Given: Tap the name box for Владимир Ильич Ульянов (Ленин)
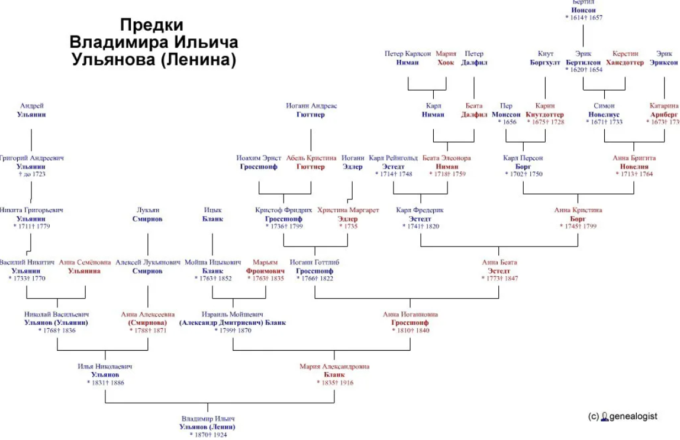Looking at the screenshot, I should point(208,426).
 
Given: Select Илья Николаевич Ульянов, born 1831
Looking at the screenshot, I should point(105,374).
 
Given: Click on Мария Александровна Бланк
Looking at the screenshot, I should point(334,374).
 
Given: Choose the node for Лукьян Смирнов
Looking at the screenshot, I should point(147,214).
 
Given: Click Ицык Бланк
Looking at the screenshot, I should point(212,214).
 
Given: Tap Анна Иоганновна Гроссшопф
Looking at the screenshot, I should point(410,322).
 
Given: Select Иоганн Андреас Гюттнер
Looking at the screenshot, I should point(311,111).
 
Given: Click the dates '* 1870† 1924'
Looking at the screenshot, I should point(208,435).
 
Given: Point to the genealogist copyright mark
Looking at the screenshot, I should point(623,416).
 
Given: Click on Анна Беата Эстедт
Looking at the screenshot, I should point(499,270).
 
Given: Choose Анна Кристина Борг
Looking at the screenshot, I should point(578,218).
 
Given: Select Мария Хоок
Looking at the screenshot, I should point(446,58).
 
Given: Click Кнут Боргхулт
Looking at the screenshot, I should point(545,58).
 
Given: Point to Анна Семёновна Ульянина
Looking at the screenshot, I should point(85,267).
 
